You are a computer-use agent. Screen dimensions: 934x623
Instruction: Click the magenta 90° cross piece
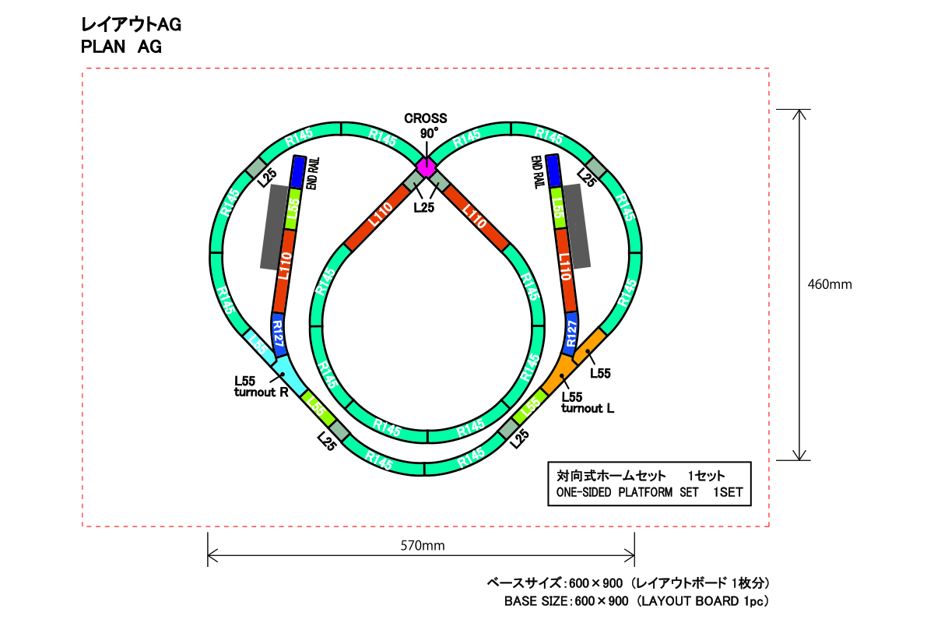point(427,167)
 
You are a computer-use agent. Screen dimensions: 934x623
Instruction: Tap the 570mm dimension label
point(423,545)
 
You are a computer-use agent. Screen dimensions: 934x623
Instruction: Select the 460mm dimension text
point(830,284)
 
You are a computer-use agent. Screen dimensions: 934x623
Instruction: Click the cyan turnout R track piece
point(288,374)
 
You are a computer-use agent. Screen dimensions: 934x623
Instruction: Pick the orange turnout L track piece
point(561,374)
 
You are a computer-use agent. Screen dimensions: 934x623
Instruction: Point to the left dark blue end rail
point(298,172)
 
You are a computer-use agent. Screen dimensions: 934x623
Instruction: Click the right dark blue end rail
point(553,171)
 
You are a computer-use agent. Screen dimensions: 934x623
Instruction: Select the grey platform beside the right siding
point(577,226)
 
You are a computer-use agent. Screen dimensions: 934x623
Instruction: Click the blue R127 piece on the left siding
point(278,335)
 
